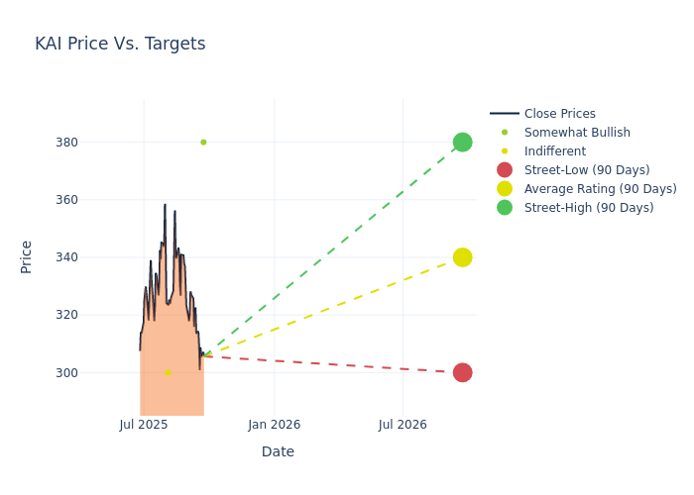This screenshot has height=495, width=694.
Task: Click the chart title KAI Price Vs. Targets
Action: click(x=120, y=44)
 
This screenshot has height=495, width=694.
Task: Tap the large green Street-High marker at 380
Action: click(x=462, y=143)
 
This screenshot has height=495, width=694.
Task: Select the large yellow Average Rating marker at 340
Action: click(x=462, y=257)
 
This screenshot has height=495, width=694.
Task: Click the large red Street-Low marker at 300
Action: click(x=462, y=372)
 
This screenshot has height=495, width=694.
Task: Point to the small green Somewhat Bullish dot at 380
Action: click(x=203, y=143)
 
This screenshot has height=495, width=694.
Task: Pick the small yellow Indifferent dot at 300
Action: click(x=168, y=372)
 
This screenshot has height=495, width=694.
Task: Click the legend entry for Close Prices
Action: click(x=559, y=114)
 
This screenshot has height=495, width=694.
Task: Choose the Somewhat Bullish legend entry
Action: click(x=576, y=133)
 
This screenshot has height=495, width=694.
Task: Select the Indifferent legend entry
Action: click(x=554, y=151)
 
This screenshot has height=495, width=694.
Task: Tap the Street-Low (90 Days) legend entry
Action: click(x=586, y=170)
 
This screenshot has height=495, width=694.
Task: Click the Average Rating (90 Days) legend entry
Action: click(x=600, y=189)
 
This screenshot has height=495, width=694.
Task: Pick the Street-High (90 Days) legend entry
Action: click(x=588, y=208)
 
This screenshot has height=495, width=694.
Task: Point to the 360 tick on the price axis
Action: click(x=121, y=200)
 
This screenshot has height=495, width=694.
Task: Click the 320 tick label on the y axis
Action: click(x=121, y=315)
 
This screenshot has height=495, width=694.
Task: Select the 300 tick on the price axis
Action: click(x=121, y=372)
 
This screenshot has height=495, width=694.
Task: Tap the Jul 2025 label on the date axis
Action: click(x=144, y=425)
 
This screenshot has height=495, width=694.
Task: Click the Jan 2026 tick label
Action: click(x=274, y=425)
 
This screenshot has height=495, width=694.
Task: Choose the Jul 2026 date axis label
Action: click(x=403, y=425)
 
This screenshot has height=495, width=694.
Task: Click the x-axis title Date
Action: click(x=278, y=452)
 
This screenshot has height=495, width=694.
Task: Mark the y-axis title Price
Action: click(x=27, y=256)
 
